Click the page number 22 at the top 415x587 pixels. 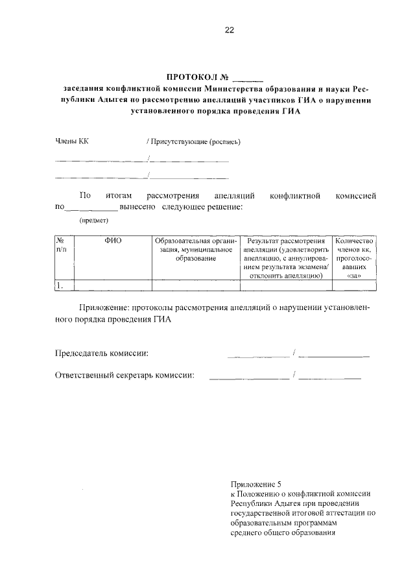(x=229, y=30)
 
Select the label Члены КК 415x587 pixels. (x=71, y=141)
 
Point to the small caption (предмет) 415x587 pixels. (x=93, y=221)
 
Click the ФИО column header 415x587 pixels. (x=113, y=241)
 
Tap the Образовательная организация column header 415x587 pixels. (x=195, y=250)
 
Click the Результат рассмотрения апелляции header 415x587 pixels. (x=285, y=258)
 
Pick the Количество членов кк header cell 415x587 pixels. (x=353, y=258)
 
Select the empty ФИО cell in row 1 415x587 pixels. (x=113, y=285)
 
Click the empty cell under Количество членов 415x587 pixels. (x=353, y=285)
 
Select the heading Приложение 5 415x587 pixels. (x=257, y=484)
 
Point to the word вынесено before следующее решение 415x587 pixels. (x=137, y=208)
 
